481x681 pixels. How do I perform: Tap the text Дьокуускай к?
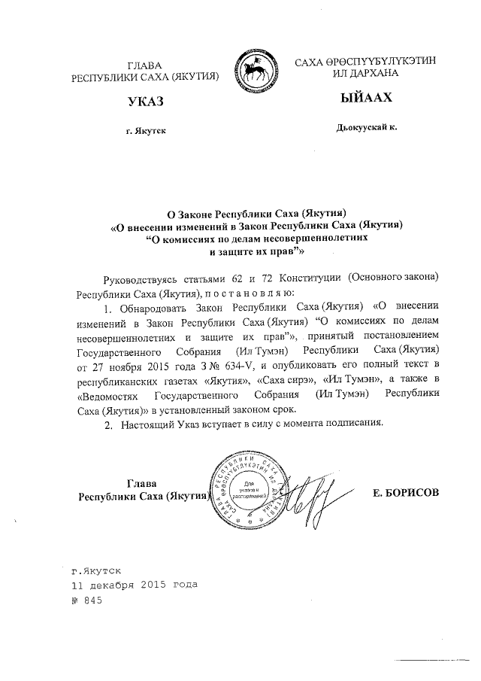pos(366,129)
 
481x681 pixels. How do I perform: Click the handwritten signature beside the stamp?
pos(304,495)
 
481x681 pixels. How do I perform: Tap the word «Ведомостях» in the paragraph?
pos(110,395)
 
